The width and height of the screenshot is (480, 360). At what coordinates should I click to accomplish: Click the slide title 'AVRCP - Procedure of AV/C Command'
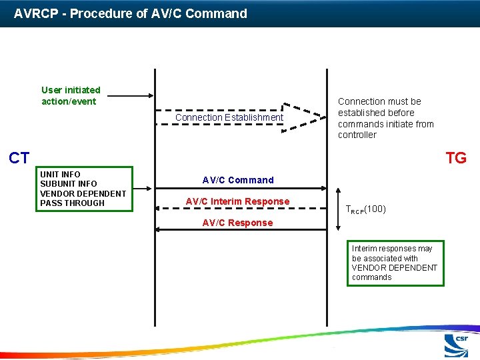coord(131,13)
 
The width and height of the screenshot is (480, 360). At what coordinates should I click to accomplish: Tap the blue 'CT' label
coord(19,158)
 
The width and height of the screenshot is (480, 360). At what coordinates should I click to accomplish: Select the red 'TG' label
coord(456,158)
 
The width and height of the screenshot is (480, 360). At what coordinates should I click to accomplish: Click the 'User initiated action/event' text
coord(71,95)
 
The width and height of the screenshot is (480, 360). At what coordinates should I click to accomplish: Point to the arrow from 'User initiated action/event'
coord(131,96)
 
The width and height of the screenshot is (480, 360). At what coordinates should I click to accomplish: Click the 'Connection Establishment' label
coord(229,117)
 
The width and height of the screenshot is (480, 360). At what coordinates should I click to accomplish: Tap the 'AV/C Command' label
coord(238,180)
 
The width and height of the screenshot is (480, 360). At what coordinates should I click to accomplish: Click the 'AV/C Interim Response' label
coord(237,201)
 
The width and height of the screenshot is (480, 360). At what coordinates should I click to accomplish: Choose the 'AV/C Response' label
coord(237,223)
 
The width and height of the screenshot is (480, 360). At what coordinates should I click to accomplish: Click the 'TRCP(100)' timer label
coord(365,209)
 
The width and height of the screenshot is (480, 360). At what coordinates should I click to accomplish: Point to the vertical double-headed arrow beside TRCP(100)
coord(337,209)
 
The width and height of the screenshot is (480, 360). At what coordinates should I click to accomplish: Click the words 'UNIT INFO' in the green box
coord(60,175)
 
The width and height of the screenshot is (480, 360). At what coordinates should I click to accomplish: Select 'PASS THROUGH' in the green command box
coord(72,203)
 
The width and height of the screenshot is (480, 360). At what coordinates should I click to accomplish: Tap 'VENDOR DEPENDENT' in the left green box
coord(83,193)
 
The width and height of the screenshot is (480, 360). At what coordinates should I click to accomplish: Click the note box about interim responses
coord(395,263)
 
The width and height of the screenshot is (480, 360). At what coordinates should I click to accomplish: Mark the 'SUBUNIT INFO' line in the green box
coord(68,184)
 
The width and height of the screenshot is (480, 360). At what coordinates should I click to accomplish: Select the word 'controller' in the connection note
coord(357,135)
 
